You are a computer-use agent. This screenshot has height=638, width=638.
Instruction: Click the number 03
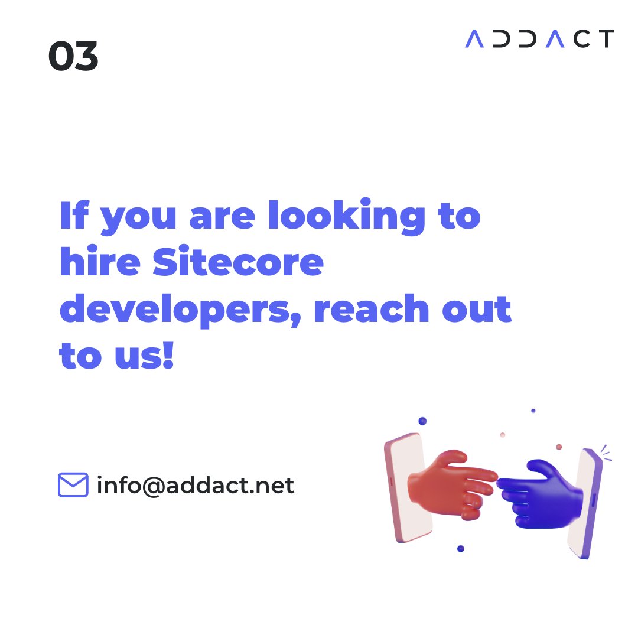(73, 57)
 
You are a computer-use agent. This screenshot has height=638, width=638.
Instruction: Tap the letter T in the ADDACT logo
(606, 39)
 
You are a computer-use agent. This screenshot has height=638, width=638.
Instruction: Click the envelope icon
(73, 485)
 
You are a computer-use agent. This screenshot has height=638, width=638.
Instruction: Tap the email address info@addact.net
(195, 486)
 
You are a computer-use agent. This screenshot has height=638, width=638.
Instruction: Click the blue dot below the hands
(461, 549)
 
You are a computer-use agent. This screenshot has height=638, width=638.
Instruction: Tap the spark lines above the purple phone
(605, 453)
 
